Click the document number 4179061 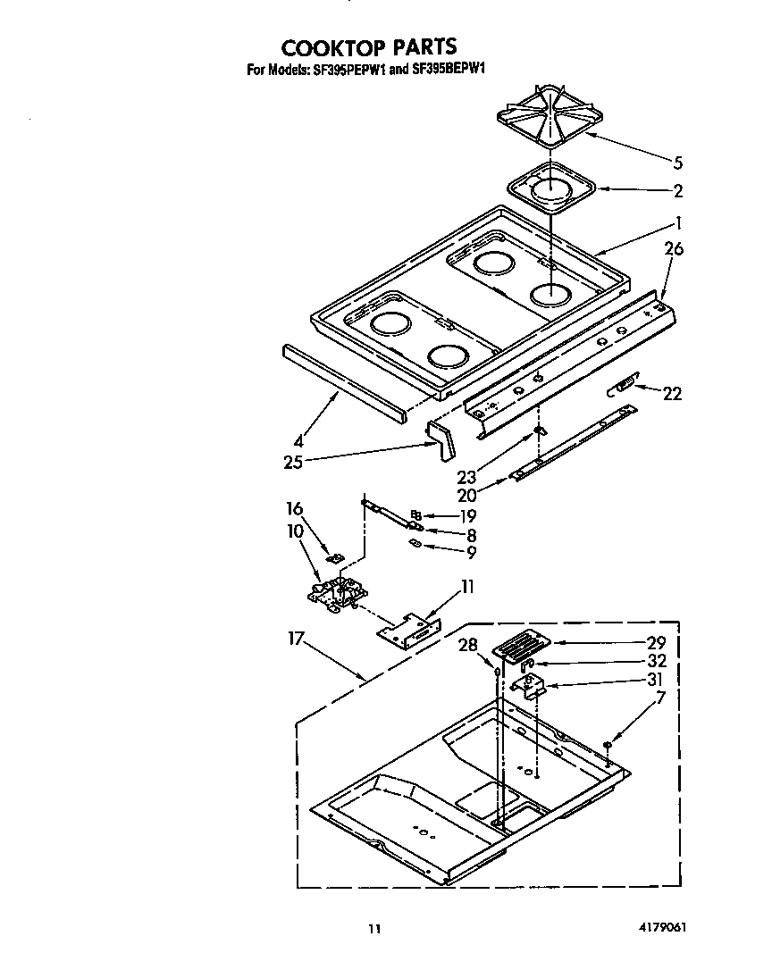[661, 927]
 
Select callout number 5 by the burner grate [677, 163]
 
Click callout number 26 [673, 249]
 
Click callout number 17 [297, 639]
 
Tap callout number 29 [656, 642]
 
